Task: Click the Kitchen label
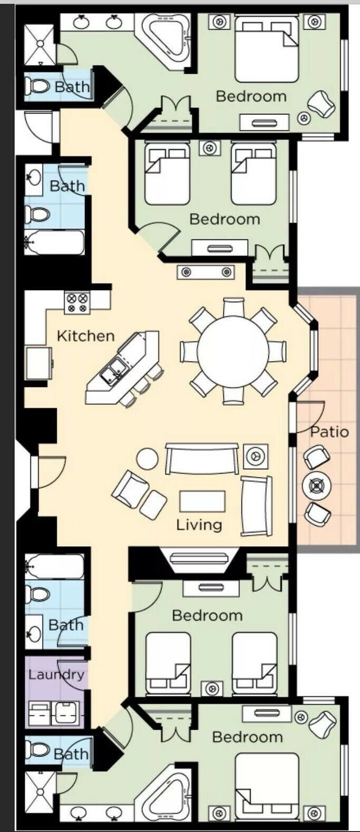[x=86, y=336]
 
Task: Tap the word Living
[x=199, y=525]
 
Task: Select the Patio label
[x=329, y=432]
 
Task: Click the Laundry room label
[x=56, y=675]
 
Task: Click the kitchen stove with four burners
[x=77, y=302]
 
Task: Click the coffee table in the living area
[x=202, y=501]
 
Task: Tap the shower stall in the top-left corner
[x=41, y=43]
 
